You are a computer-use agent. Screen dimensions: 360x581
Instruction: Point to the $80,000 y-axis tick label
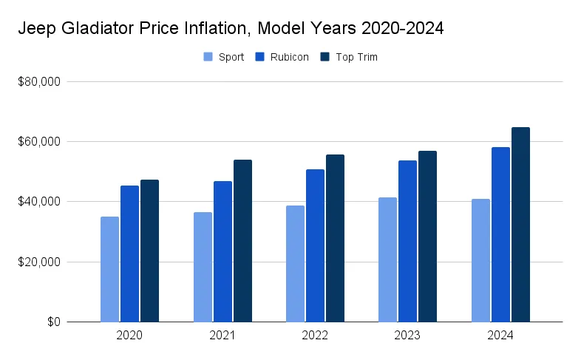(40, 82)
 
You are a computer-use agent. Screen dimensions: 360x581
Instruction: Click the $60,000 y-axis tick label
(40, 142)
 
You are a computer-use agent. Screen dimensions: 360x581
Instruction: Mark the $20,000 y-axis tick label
(40, 262)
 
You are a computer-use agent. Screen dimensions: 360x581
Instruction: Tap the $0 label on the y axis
(52, 322)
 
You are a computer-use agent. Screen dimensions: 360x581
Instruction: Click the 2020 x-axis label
(129, 336)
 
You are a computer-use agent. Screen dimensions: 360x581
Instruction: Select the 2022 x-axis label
(315, 336)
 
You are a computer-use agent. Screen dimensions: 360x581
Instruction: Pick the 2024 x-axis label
(500, 336)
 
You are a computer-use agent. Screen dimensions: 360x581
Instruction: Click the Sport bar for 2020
(109, 269)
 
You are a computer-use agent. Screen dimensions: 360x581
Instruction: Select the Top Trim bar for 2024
(520, 225)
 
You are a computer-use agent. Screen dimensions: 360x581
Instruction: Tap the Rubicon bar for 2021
(222, 251)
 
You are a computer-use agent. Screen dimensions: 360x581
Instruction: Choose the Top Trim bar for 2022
(335, 238)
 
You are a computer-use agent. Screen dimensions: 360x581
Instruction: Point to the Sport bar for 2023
(387, 259)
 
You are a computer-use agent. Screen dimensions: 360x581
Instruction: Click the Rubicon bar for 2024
(500, 234)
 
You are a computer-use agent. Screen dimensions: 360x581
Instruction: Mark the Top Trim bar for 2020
(149, 251)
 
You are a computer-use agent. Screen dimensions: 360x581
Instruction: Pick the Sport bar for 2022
(295, 263)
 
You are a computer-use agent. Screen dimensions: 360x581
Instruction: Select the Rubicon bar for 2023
(407, 241)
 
